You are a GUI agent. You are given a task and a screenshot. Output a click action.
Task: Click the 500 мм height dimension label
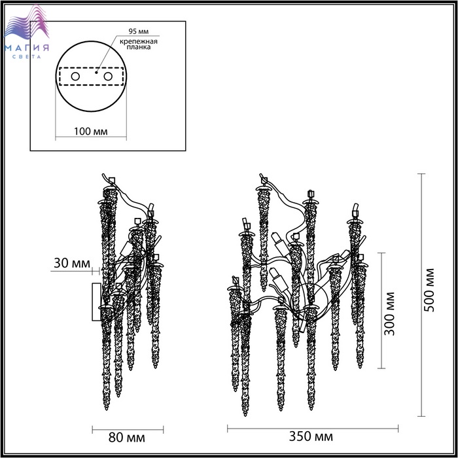(x=429, y=290)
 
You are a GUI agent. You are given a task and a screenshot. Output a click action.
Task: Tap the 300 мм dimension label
(x=389, y=313)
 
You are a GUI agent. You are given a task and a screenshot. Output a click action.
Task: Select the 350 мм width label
(x=311, y=436)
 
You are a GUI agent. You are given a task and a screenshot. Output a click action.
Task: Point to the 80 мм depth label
(x=126, y=438)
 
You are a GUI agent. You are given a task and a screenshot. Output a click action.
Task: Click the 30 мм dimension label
(x=72, y=263)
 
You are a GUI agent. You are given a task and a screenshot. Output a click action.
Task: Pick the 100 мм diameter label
(x=90, y=132)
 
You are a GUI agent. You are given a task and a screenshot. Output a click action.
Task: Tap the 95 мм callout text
(x=139, y=31)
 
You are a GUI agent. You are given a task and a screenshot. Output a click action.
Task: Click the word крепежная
(x=139, y=41)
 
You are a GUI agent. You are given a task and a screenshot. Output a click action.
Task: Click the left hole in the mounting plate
(x=75, y=77)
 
